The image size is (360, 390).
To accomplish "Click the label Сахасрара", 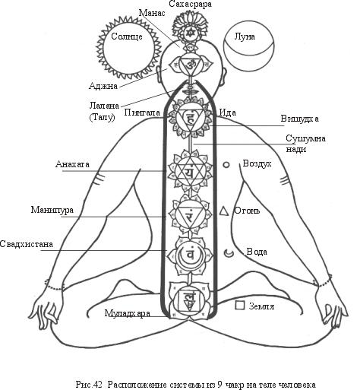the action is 191,4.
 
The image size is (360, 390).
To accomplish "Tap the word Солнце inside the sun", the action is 127,36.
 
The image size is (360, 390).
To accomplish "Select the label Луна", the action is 245,36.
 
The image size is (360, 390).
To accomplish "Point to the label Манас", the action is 152,13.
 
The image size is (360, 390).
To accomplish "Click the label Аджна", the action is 103,86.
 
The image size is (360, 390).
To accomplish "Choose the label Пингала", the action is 142,113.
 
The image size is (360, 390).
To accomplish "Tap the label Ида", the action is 228,113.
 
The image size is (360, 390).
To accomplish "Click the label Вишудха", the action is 300,119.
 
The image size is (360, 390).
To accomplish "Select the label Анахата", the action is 72,164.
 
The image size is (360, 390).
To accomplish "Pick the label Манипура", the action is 52,210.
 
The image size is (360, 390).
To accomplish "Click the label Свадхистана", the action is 27,244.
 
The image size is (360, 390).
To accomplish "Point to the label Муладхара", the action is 128,313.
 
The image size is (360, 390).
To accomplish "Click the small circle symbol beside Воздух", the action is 226,165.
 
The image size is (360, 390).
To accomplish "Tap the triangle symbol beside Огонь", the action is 224,211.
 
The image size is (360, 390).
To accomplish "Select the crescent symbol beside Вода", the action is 228,253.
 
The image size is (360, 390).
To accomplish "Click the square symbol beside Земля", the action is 239,305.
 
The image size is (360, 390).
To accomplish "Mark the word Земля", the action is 261,306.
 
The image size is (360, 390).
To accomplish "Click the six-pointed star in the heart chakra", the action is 190,171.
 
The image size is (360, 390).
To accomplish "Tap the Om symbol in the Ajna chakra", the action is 189,65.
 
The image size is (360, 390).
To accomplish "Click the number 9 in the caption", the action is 219,385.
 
